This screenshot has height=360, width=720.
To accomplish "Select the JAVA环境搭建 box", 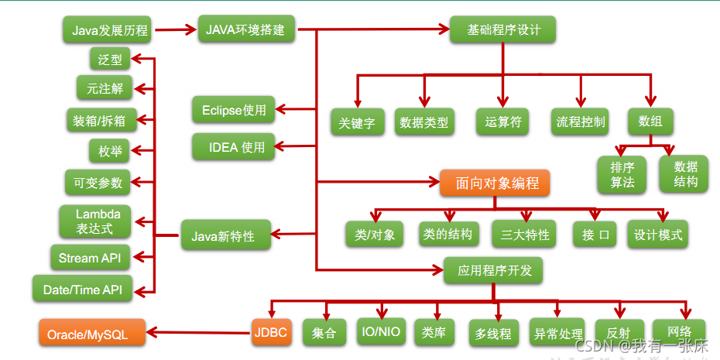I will [x=245, y=31].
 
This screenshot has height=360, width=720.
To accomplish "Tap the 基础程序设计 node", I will [x=503, y=30].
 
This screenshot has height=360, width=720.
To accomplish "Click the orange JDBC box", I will [x=270, y=334].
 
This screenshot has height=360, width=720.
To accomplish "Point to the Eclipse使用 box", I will [x=233, y=110].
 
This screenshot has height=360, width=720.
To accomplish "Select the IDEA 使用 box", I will [x=233, y=146].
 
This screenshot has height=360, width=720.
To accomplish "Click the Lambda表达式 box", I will [x=94, y=221].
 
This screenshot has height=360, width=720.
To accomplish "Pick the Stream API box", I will [x=89, y=258].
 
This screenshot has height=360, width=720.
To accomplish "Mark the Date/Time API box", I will [x=82, y=290].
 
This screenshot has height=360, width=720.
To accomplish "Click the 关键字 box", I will [x=357, y=122].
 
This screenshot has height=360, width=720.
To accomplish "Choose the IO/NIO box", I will [x=380, y=332].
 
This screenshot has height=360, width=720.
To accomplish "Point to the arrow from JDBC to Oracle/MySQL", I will [x=198, y=334].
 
